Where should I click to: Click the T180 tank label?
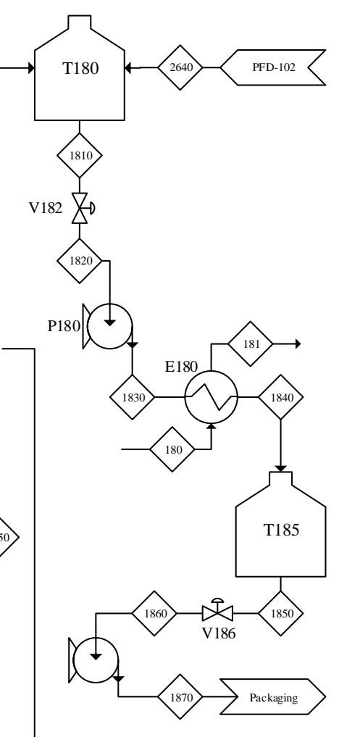(80, 68)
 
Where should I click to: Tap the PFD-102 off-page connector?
(274, 68)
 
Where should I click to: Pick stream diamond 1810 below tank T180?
(80, 156)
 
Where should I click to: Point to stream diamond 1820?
(80, 260)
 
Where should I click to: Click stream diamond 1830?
(132, 396)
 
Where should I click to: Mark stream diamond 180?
(173, 449)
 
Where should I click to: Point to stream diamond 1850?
(281, 613)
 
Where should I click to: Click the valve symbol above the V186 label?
(217, 613)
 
